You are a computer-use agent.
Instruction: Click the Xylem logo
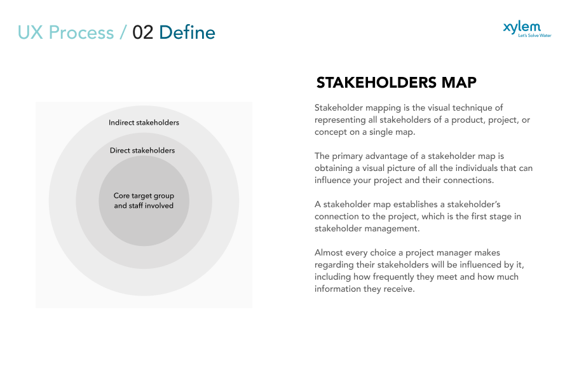[x=522, y=27]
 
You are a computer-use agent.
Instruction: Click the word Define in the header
[x=187, y=32]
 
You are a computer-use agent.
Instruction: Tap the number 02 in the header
[x=143, y=32]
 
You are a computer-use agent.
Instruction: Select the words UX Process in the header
[x=65, y=32]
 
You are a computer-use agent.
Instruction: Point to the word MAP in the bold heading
[x=458, y=83]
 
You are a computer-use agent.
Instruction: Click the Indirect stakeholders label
[x=144, y=123]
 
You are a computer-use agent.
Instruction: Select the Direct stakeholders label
[x=142, y=151]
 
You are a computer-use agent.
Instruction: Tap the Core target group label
[x=144, y=196]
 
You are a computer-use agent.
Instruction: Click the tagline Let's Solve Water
[x=535, y=36]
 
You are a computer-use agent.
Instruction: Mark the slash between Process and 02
[x=123, y=32]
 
